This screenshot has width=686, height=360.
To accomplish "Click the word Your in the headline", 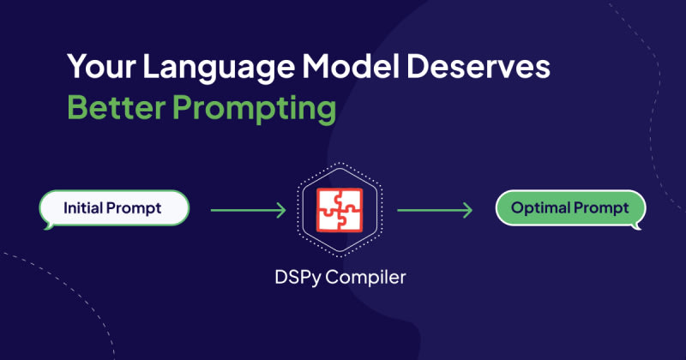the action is tap(101, 67).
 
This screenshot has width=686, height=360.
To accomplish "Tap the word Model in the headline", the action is tap(351, 67).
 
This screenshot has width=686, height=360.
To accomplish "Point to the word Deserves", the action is tap(478, 67).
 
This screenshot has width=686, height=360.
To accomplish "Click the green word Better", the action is tap(117, 107).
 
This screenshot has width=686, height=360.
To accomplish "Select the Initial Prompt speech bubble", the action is tap(114, 209).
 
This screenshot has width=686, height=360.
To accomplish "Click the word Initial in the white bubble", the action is tap(82, 207).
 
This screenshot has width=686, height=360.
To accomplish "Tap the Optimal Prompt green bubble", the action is tap(570, 209).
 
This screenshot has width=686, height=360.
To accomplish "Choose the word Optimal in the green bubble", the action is tap(540, 208).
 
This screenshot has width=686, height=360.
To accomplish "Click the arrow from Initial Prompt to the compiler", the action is tap(248, 210).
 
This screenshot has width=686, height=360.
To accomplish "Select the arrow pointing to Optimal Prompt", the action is tap(435, 210).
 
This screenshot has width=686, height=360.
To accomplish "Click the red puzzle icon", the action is tap(340, 210).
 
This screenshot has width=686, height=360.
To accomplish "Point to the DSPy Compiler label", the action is tap(340, 278).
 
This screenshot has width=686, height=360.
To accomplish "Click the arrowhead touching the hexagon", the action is tap(281, 210).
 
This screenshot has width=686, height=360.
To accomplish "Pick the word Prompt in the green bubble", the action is tap(601, 208).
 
